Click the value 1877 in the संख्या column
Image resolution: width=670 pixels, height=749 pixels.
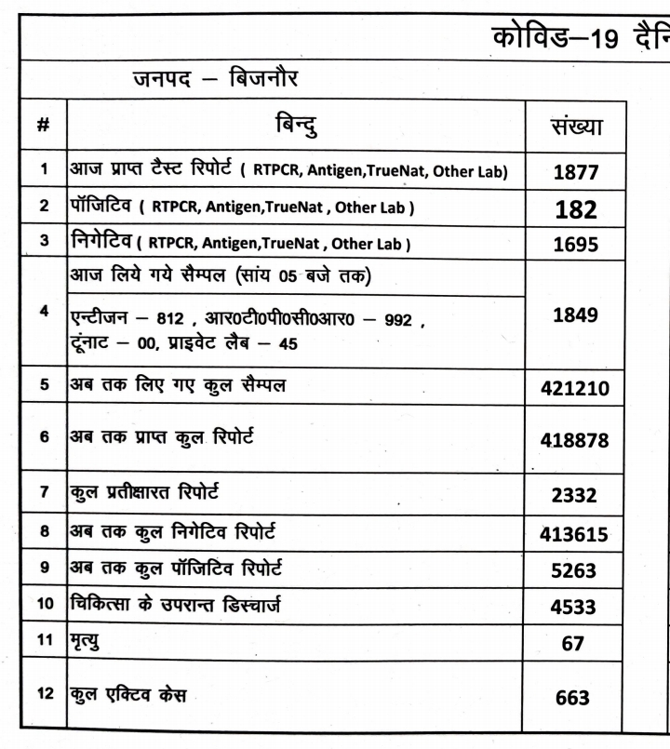(x=574, y=172)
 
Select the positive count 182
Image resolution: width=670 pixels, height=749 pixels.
(x=574, y=208)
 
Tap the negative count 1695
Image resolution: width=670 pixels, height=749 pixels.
(x=574, y=245)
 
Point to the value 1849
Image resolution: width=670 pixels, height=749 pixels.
(x=574, y=314)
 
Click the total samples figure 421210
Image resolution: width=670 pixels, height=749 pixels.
(x=574, y=387)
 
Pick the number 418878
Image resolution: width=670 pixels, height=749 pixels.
(x=574, y=439)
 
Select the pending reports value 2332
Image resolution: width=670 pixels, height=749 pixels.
(x=574, y=496)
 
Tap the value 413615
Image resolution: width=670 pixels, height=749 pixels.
(x=574, y=535)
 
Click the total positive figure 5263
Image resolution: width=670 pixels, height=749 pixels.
(x=574, y=571)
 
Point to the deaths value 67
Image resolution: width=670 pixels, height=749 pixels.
(x=574, y=644)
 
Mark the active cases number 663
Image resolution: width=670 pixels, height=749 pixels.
(x=574, y=697)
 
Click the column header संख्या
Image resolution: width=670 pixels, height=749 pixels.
(x=574, y=127)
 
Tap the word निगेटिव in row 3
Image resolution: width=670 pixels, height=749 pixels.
(x=101, y=244)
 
